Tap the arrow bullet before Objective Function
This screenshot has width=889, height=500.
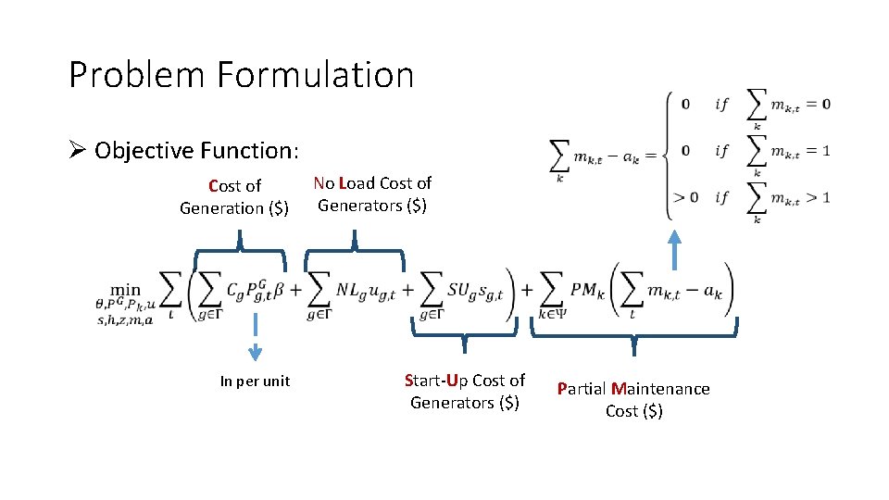tap(78, 150)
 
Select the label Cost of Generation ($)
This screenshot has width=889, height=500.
tap(234, 196)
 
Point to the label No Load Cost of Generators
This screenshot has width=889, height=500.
tap(372, 194)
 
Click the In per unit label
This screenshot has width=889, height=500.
tap(255, 381)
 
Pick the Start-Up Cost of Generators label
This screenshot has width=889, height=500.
tap(465, 391)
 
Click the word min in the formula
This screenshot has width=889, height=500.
tap(125, 290)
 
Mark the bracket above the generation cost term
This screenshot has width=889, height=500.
tap(240, 253)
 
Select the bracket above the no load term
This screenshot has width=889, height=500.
tap(355, 251)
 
